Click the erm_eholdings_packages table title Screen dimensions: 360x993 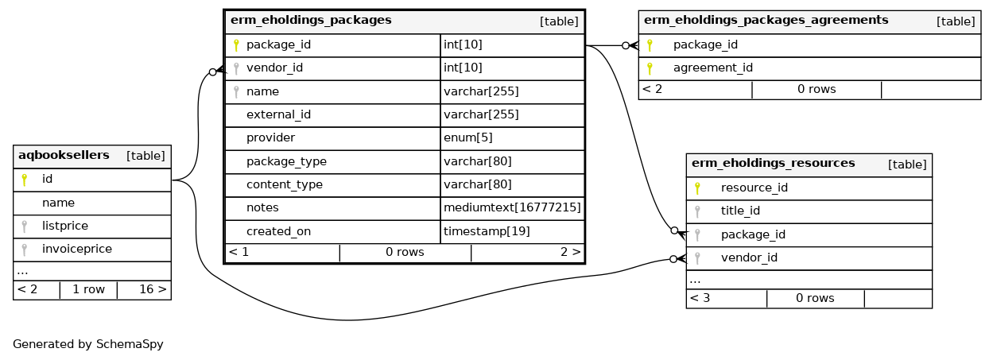point(310,21)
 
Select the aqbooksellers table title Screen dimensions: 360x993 point(64,156)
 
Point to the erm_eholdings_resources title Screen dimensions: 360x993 point(773,164)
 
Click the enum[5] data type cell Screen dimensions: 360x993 point(467,138)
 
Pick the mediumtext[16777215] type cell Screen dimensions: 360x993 point(512,207)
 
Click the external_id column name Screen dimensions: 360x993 point(278,115)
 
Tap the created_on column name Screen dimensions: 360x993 point(278,231)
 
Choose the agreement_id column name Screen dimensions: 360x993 point(712,68)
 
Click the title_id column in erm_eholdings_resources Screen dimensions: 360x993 point(740,211)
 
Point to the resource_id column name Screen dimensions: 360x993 point(754,188)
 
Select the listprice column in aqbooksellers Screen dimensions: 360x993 point(65,226)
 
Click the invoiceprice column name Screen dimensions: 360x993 point(76,250)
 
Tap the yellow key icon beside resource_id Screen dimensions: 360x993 point(697,188)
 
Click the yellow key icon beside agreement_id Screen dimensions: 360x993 point(650,68)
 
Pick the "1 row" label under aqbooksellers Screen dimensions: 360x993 point(88,290)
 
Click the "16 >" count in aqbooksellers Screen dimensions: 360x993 point(152,290)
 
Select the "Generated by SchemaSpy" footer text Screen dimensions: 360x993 point(88,345)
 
